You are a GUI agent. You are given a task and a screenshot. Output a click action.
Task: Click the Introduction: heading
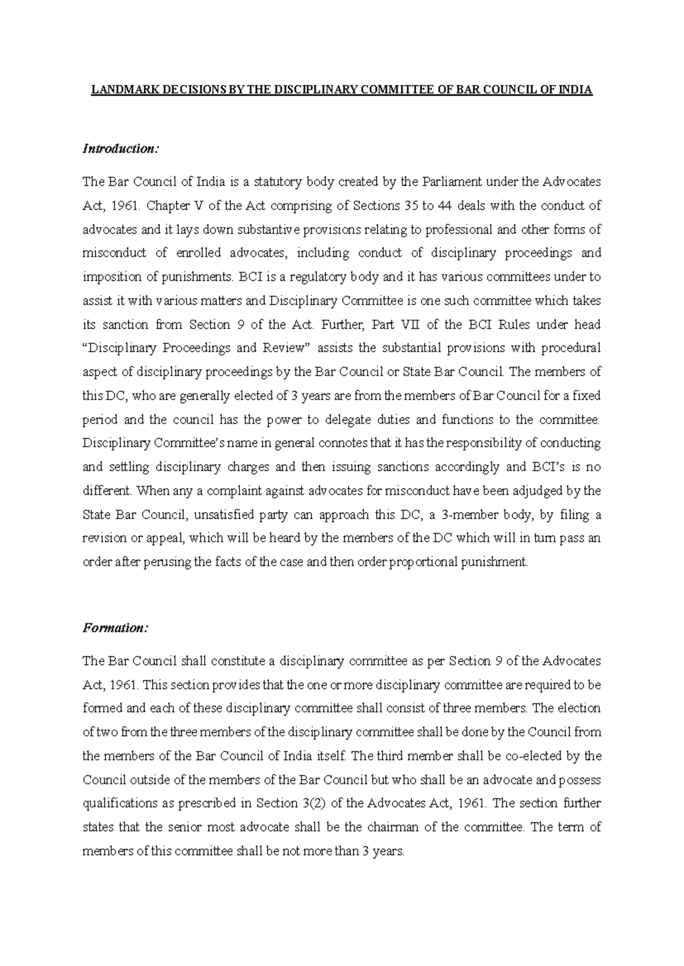(x=120, y=149)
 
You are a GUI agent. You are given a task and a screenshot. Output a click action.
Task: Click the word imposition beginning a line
(x=108, y=277)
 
